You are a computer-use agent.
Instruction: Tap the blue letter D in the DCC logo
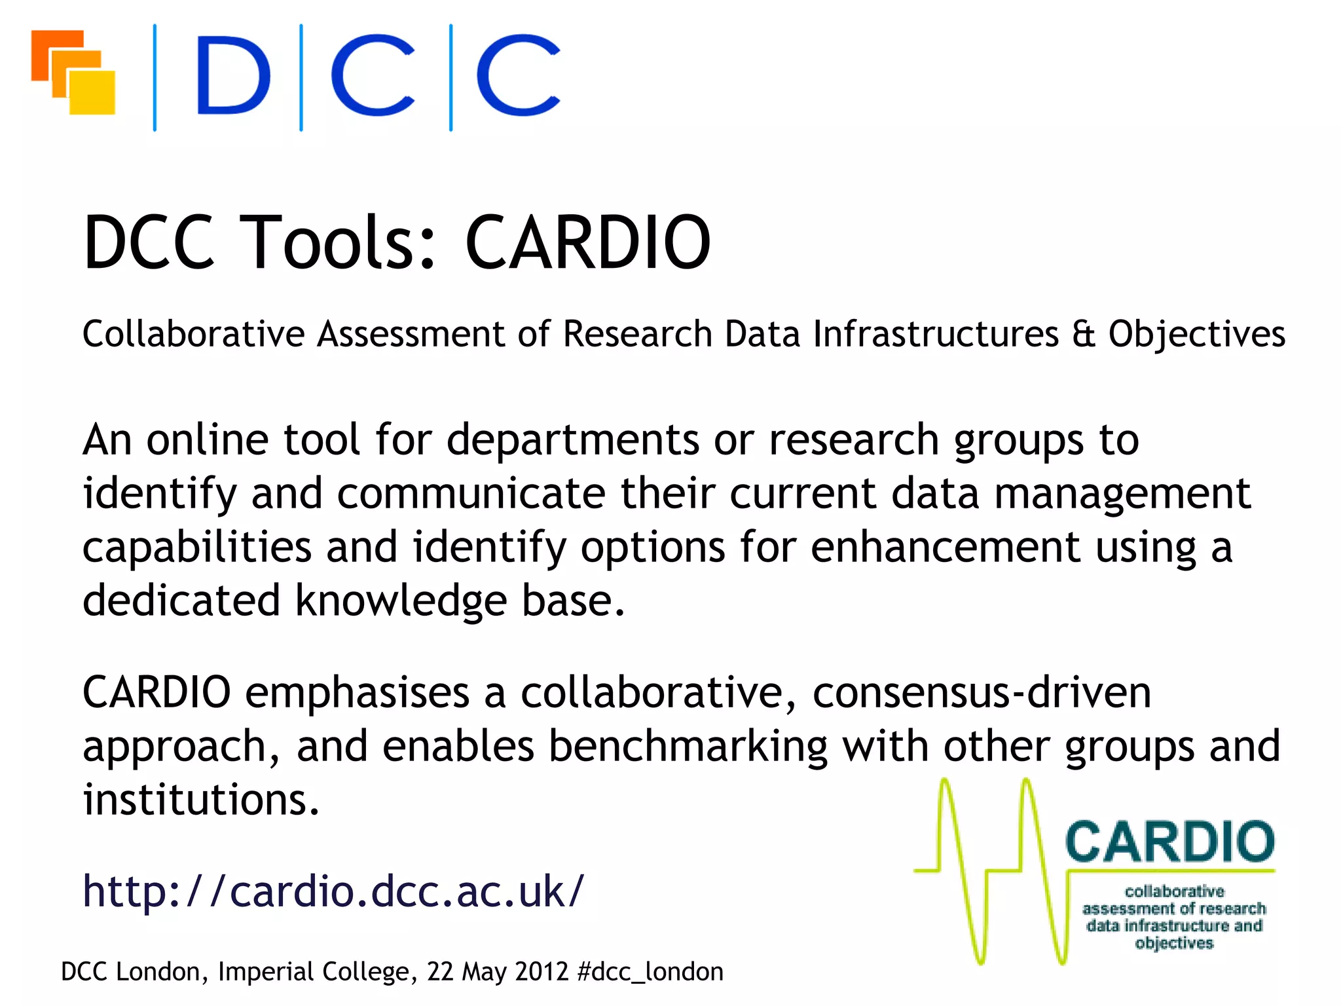coord(233,75)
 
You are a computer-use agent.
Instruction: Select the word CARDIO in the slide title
coord(587,242)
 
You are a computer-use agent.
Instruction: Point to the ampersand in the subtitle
coord(1084,334)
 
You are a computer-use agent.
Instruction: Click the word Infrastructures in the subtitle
coord(936,334)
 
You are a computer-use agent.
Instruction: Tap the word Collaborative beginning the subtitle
coord(193,334)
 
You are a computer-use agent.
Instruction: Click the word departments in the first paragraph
coord(573,440)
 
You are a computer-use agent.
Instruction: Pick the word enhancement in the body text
coord(945,548)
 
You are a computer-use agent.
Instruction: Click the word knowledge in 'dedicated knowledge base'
coord(401,601)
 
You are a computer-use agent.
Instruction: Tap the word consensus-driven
coord(982,693)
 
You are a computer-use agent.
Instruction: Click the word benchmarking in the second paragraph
coord(688,747)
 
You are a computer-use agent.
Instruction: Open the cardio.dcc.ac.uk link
coord(333,892)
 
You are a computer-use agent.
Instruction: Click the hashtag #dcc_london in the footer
coord(651,972)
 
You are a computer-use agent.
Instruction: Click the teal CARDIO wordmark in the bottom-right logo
coord(1170,842)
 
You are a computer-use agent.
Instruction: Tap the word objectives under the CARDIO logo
coord(1174,943)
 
